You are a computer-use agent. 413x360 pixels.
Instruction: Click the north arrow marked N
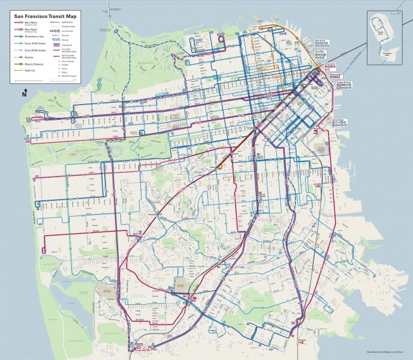[25, 93]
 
